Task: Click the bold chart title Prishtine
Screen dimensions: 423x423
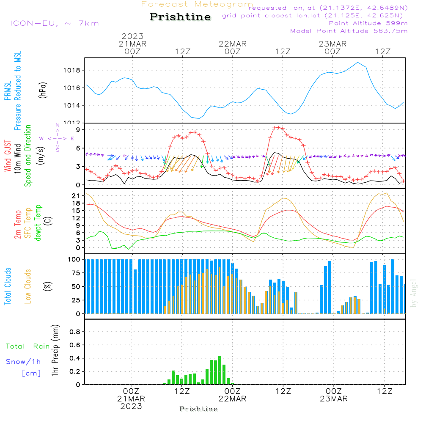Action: [x=180, y=17]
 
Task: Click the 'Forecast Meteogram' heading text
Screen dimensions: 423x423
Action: [x=197, y=4]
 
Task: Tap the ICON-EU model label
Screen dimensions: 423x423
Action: [x=54, y=23]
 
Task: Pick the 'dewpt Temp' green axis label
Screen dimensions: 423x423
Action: [x=38, y=223]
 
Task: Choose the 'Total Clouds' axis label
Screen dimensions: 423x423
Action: [x=8, y=286]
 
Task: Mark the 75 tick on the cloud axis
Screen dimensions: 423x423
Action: [x=77, y=273]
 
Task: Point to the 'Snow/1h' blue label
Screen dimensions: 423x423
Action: [x=24, y=362]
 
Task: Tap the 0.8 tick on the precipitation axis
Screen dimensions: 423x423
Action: [x=75, y=332]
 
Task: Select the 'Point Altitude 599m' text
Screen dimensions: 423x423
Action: [x=368, y=23]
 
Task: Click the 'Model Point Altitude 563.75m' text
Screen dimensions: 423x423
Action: [x=349, y=31]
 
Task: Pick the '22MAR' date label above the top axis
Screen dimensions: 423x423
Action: [x=232, y=44]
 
